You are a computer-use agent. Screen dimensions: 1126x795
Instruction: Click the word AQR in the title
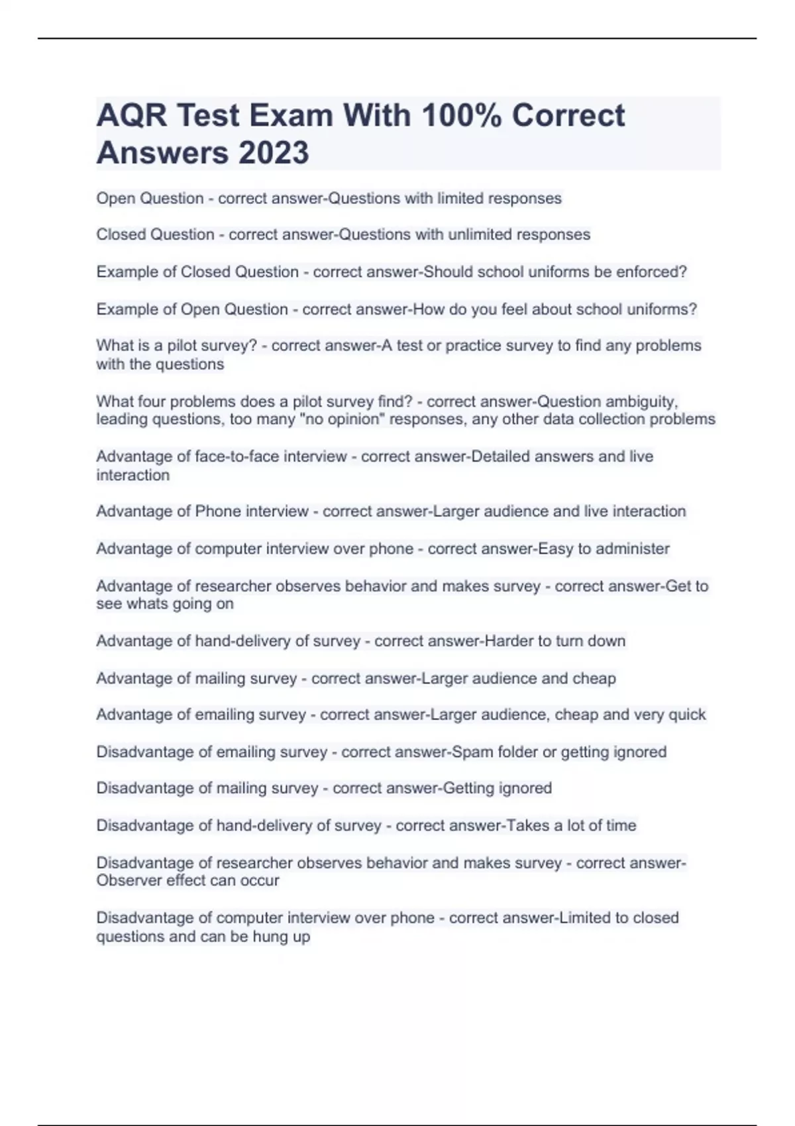click(131, 115)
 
